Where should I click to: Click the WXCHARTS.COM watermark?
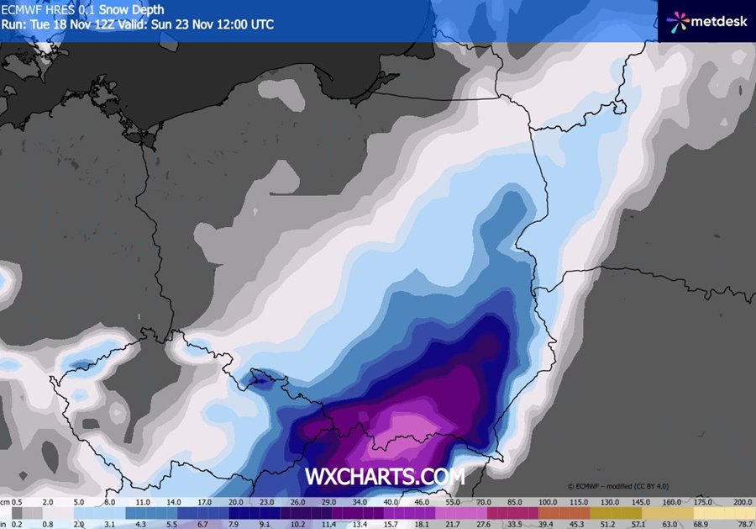point(384,477)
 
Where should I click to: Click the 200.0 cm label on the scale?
point(743,501)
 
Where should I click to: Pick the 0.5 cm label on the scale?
point(16,501)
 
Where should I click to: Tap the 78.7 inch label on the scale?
point(743,523)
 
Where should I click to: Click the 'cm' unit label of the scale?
point(5,501)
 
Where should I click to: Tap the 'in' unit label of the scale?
point(4,523)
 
